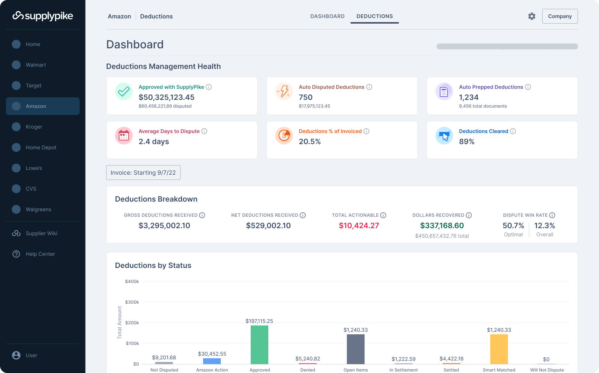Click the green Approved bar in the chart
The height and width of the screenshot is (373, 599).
(x=259, y=345)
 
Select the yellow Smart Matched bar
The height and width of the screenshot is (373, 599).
(x=499, y=349)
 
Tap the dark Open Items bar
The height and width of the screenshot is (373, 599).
(x=355, y=349)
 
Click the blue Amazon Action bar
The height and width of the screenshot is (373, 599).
(x=212, y=361)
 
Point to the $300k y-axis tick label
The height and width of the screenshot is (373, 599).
(x=132, y=302)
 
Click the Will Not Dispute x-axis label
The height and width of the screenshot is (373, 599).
(x=547, y=370)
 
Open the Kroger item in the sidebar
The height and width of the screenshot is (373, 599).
(x=34, y=127)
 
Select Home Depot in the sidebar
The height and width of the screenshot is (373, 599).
(x=41, y=147)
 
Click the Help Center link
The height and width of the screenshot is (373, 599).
(x=40, y=254)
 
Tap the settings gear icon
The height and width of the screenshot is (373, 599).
(x=532, y=16)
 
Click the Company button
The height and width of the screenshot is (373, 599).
(x=560, y=16)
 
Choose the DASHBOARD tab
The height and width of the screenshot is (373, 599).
(x=327, y=16)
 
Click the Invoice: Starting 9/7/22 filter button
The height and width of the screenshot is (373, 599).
(x=143, y=172)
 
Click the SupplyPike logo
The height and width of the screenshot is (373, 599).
(x=43, y=16)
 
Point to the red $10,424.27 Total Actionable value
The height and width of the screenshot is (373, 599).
(x=359, y=226)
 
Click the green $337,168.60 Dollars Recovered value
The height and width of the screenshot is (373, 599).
(x=442, y=226)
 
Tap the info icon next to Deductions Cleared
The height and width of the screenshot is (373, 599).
(x=513, y=131)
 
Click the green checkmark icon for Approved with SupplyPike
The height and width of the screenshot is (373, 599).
(x=124, y=91)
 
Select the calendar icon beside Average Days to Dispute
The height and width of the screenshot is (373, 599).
(x=124, y=136)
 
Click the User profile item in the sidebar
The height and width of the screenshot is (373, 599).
(x=31, y=355)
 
